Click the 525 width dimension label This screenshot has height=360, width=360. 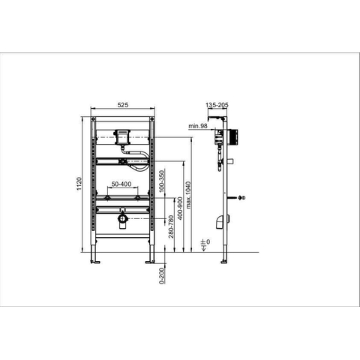tap(123, 105)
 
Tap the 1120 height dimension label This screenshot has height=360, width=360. tap(79, 184)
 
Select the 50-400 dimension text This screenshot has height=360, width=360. tap(121, 184)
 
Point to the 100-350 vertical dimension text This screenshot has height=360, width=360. tap(162, 181)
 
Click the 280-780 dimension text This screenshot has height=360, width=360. tap(171, 226)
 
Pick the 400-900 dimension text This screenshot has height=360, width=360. tap(180, 208)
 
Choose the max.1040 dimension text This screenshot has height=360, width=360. tap(188, 195)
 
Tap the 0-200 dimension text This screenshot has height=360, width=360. tap(162, 276)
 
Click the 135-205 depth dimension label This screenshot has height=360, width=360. tap(217, 105)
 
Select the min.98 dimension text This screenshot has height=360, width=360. tap(198, 126)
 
